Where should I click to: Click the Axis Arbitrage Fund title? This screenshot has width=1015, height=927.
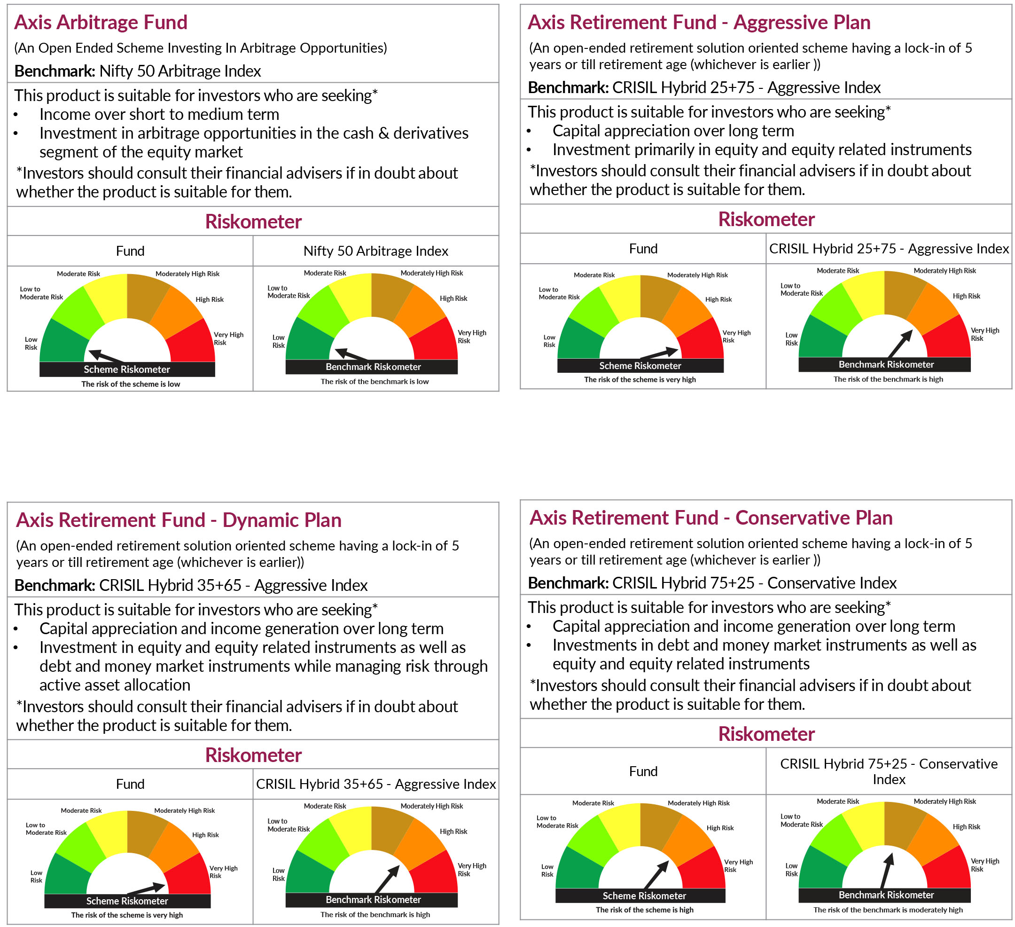[x=101, y=23]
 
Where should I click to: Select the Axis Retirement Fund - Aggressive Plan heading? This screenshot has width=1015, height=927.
[x=699, y=23]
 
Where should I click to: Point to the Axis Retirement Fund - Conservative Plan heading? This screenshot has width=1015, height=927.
[x=711, y=518]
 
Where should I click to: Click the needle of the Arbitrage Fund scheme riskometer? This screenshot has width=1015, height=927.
[x=107, y=356]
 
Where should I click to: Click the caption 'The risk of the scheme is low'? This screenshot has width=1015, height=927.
[x=131, y=384]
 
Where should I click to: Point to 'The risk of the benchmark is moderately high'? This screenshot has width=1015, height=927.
[x=888, y=910]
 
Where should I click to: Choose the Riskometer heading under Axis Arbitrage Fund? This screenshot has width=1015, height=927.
[x=253, y=222]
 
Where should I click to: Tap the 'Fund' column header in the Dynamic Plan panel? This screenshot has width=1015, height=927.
[x=130, y=784]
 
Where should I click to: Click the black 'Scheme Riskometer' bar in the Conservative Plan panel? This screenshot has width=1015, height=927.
[x=644, y=896]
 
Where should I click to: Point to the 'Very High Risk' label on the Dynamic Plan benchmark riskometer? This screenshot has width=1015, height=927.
[x=472, y=870]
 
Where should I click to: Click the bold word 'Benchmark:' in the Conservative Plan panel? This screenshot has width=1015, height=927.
[x=568, y=583]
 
